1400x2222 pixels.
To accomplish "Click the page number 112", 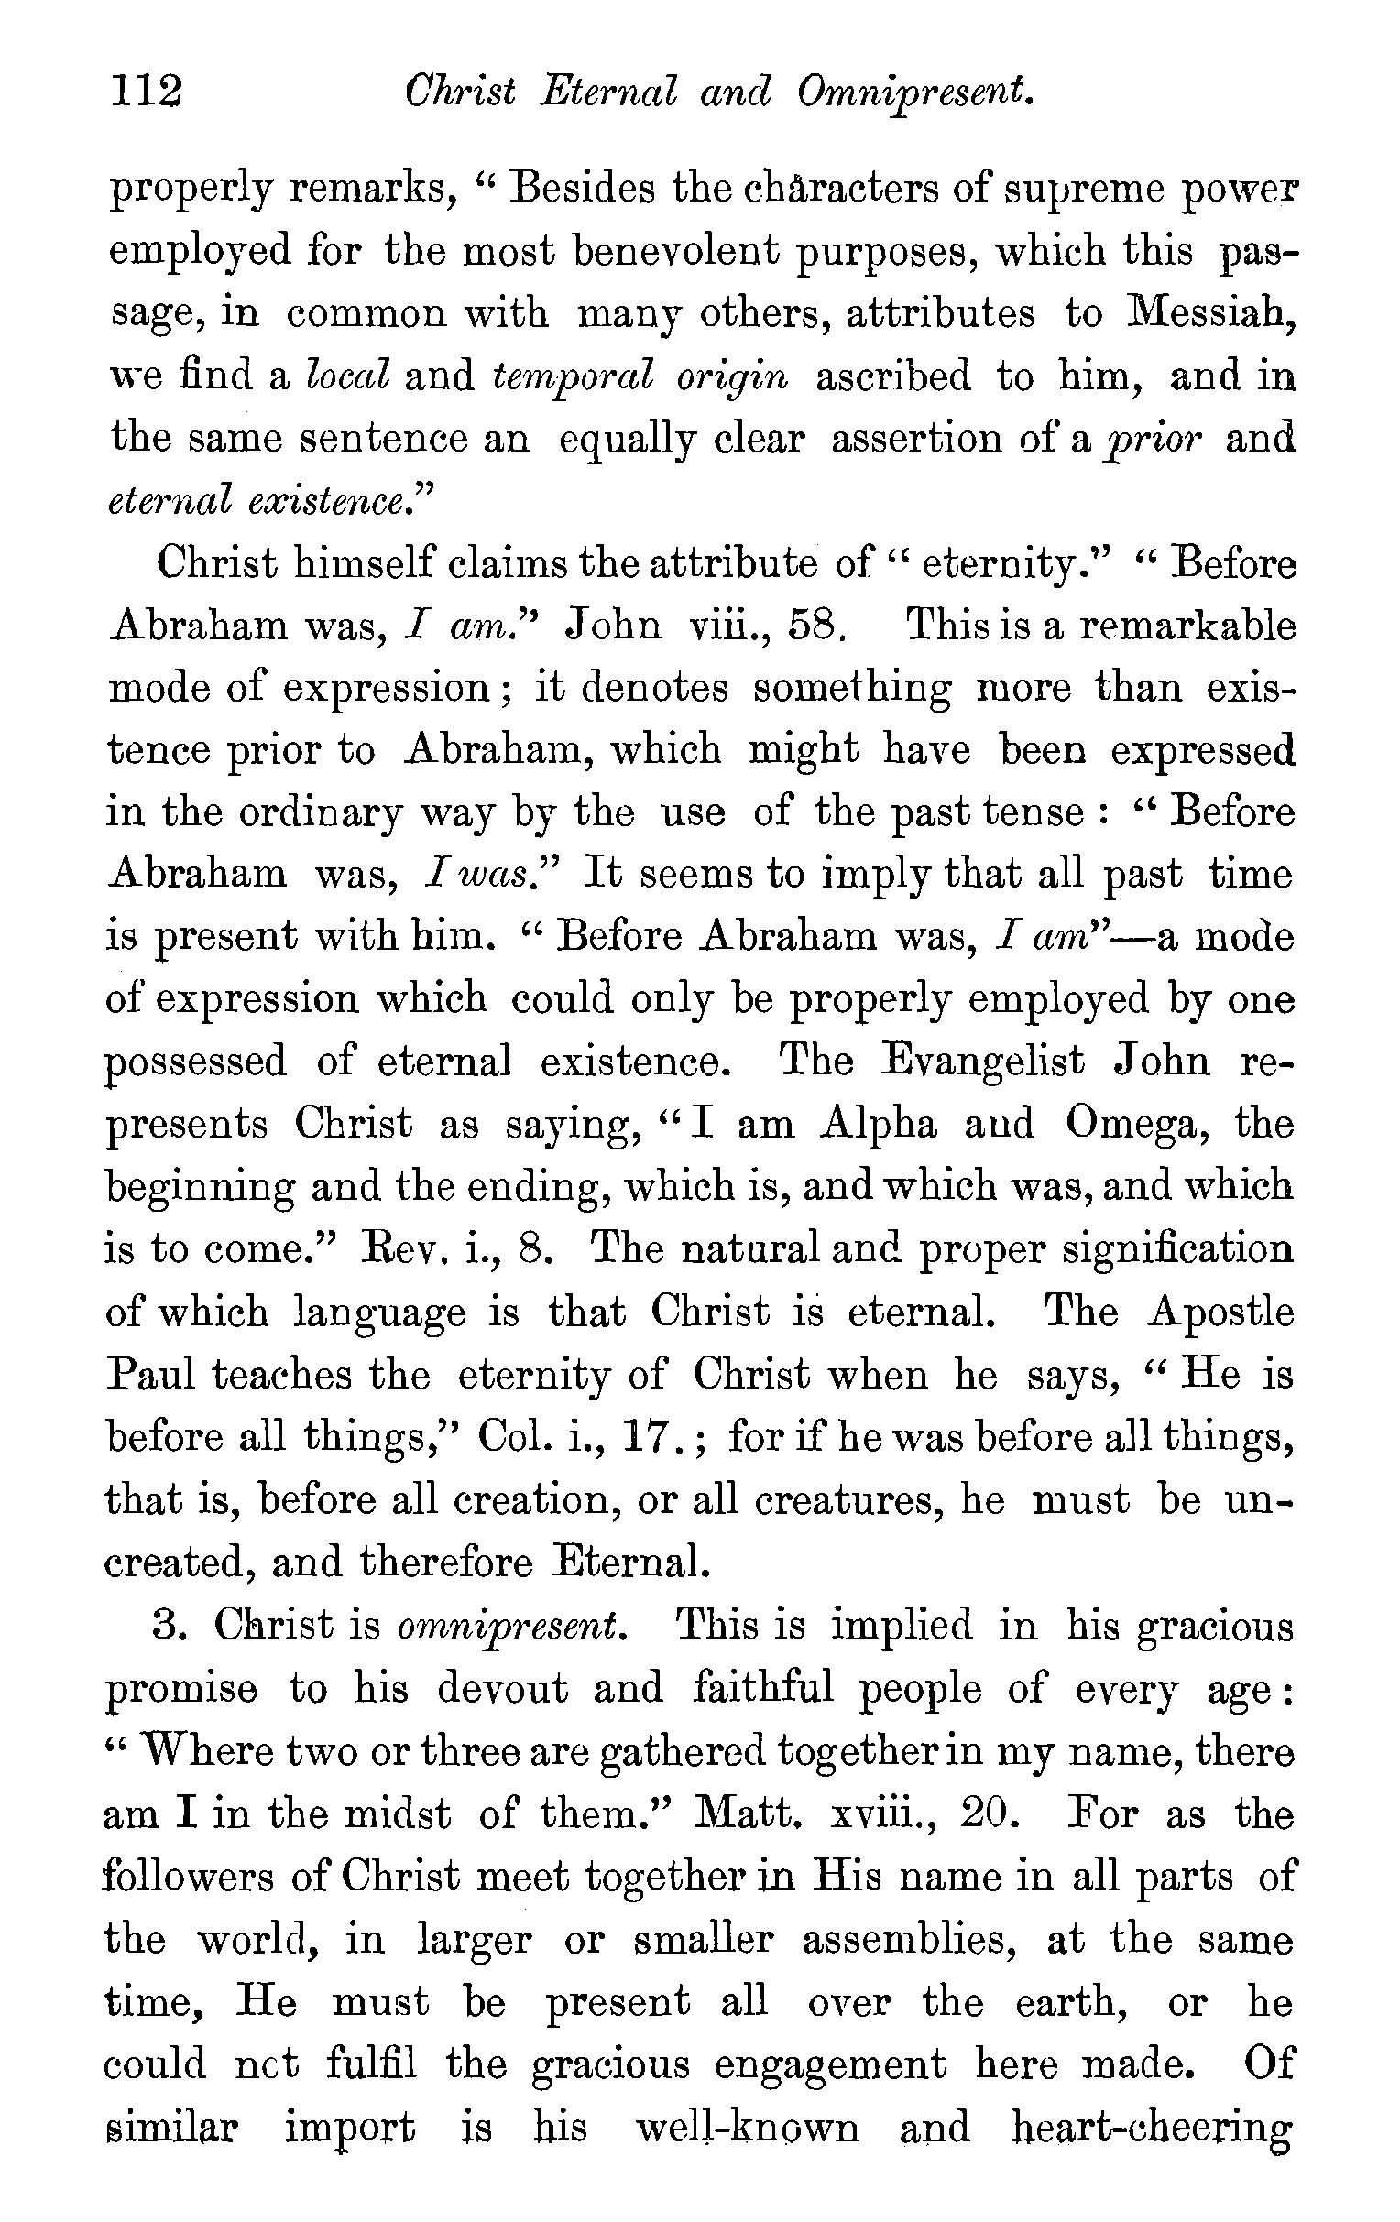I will (147, 93).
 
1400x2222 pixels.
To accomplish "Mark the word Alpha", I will (879, 1125).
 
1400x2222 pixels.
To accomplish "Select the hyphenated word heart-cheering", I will (1152, 2128).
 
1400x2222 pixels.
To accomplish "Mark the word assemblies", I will (908, 1940).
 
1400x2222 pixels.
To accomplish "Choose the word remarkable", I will (1187, 626).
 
